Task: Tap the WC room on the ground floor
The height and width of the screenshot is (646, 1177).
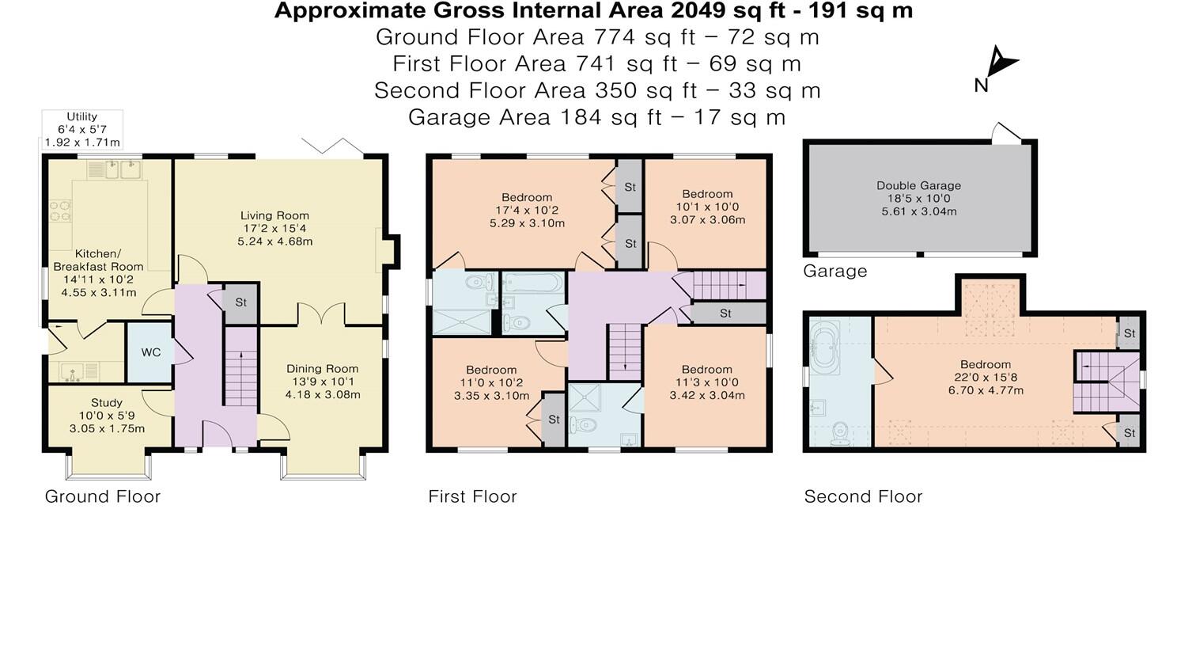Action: tap(151, 352)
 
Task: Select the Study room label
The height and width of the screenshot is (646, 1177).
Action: tap(107, 403)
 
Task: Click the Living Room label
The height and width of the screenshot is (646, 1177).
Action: tap(274, 215)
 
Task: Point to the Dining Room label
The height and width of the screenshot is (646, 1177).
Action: tap(322, 369)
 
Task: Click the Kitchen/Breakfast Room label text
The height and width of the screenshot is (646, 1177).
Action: tap(98, 260)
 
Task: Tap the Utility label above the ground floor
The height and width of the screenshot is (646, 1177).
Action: tap(82, 116)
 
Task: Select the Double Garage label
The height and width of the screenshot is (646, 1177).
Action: tap(918, 185)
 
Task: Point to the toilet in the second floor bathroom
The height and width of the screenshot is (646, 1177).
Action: tap(840, 435)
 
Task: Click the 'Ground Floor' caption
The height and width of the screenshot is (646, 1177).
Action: tap(103, 496)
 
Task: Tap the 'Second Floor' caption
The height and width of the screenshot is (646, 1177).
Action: tap(863, 496)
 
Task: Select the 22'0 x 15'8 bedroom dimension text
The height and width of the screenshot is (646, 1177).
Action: tap(986, 377)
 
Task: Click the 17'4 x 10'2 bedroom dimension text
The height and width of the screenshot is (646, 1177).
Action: tap(527, 210)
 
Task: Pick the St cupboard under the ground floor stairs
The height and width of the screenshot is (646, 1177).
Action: tap(240, 302)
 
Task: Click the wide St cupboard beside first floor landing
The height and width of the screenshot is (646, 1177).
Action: tap(728, 313)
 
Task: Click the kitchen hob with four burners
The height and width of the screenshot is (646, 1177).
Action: tap(60, 211)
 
